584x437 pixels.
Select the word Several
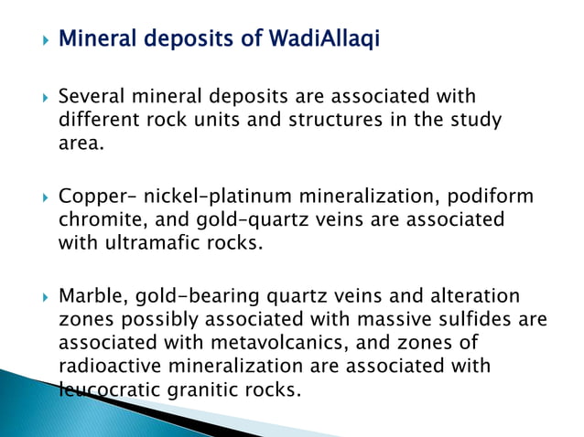coord(91,96)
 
